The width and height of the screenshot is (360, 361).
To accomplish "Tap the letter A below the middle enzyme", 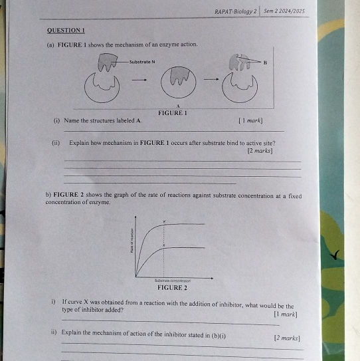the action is tap(178, 105).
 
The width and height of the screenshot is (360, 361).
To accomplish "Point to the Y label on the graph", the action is tap(164, 220).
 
